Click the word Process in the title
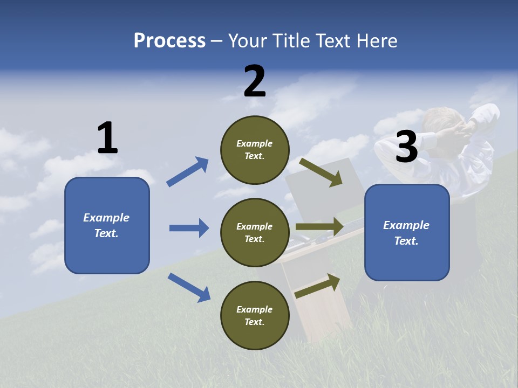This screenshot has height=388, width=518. [x=169, y=40]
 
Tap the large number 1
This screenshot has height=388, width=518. [x=107, y=138]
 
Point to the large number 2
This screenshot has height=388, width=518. [x=255, y=81]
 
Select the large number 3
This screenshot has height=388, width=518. [x=406, y=147]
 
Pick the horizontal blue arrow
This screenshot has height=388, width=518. [x=189, y=228]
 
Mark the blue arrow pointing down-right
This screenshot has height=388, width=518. [x=189, y=287]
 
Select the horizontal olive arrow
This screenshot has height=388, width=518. [x=319, y=227]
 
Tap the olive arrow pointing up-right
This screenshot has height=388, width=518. [x=317, y=286]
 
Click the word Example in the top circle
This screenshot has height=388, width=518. [x=255, y=143]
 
